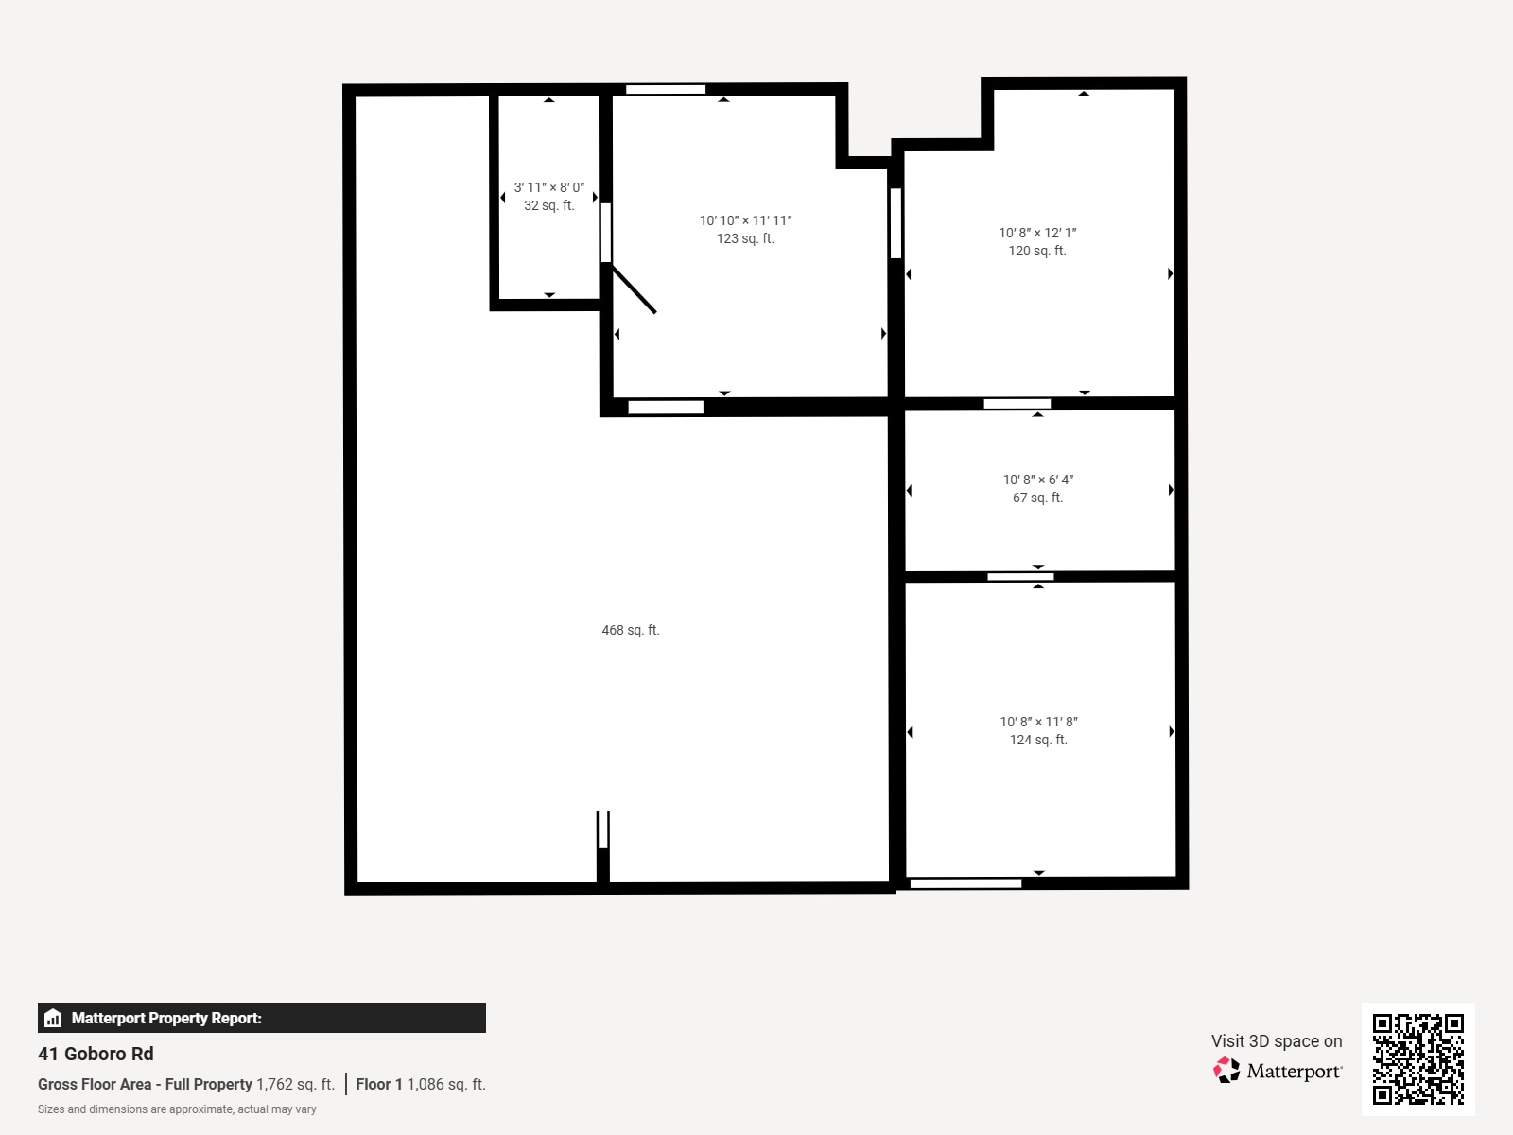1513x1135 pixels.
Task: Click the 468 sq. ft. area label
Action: point(630,630)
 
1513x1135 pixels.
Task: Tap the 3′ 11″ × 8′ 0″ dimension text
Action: point(548,187)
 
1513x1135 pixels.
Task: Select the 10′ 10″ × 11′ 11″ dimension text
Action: point(745,220)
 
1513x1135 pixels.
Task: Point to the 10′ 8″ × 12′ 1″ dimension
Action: point(1037,233)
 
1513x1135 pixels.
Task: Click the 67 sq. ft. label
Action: point(1037,498)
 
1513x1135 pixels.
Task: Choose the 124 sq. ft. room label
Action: point(1038,740)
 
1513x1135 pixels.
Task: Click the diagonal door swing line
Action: point(633,289)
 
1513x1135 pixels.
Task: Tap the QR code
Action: point(1417,1058)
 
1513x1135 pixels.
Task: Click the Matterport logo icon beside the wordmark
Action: point(1226,1071)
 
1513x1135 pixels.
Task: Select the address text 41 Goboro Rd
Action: point(96,1054)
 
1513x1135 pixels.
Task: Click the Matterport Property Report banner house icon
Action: point(53,1018)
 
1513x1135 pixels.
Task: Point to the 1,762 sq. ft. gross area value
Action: point(295,1084)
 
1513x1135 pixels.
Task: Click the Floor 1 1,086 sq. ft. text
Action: point(421,1084)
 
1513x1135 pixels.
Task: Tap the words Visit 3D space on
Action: point(1277,1040)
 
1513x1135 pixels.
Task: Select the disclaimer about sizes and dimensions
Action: point(177,1109)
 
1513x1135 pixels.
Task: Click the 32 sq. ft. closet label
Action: point(548,205)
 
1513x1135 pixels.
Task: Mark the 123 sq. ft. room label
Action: point(745,238)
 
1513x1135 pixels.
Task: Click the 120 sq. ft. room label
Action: point(1037,251)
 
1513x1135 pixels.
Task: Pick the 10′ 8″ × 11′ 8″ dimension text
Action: point(1038,722)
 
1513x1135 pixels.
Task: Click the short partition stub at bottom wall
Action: point(603,847)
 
